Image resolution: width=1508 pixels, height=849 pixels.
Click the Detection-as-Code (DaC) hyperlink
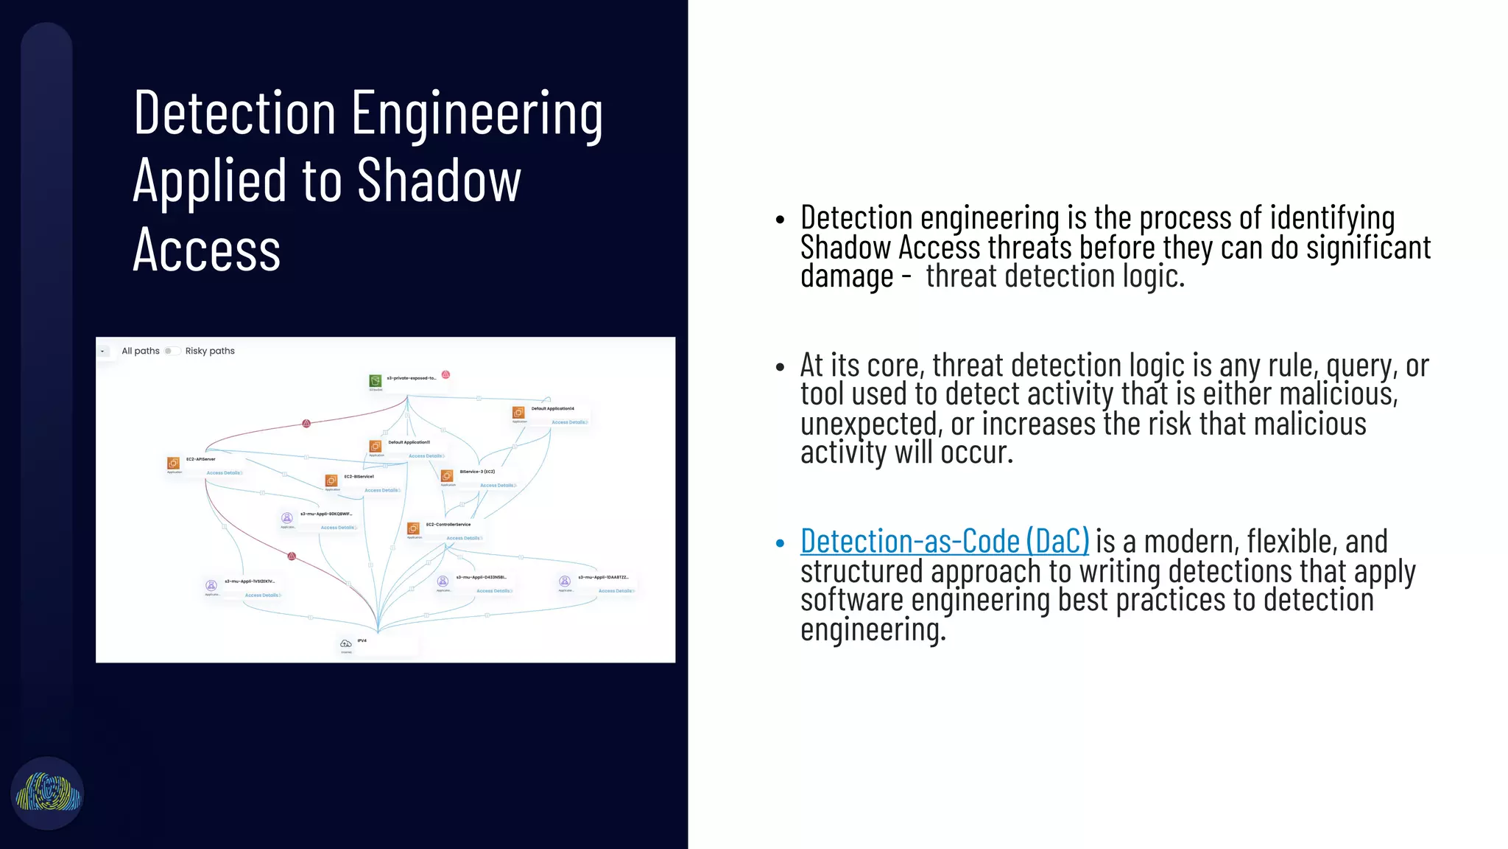coord(944,542)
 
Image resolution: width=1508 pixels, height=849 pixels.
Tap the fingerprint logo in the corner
coord(48,793)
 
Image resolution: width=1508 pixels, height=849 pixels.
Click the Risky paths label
coord(210,351)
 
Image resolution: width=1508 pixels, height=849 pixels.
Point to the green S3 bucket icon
coord(376,381)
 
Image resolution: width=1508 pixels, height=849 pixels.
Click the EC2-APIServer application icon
coord(174,463)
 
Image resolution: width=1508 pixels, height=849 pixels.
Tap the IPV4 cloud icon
coord(345,643)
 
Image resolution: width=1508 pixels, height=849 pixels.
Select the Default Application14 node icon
coord(518,413)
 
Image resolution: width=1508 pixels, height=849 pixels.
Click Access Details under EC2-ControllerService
coord(463,538)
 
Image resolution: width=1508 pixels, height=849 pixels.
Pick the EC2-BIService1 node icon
coord(331,481)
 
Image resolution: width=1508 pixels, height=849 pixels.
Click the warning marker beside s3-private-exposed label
coord(445,375)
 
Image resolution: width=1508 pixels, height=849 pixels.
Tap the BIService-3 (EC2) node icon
coord(447,475)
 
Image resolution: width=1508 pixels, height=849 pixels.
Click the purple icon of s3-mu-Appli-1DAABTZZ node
coord(565,581)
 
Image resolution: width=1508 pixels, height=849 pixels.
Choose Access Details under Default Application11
coord(426,456)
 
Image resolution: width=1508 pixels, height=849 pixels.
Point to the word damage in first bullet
coord(847,277)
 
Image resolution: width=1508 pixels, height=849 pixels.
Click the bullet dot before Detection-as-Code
coord(781,544)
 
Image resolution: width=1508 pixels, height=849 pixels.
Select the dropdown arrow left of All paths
coord(103,352)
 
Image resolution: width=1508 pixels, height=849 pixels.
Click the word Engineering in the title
coord(477,114)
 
